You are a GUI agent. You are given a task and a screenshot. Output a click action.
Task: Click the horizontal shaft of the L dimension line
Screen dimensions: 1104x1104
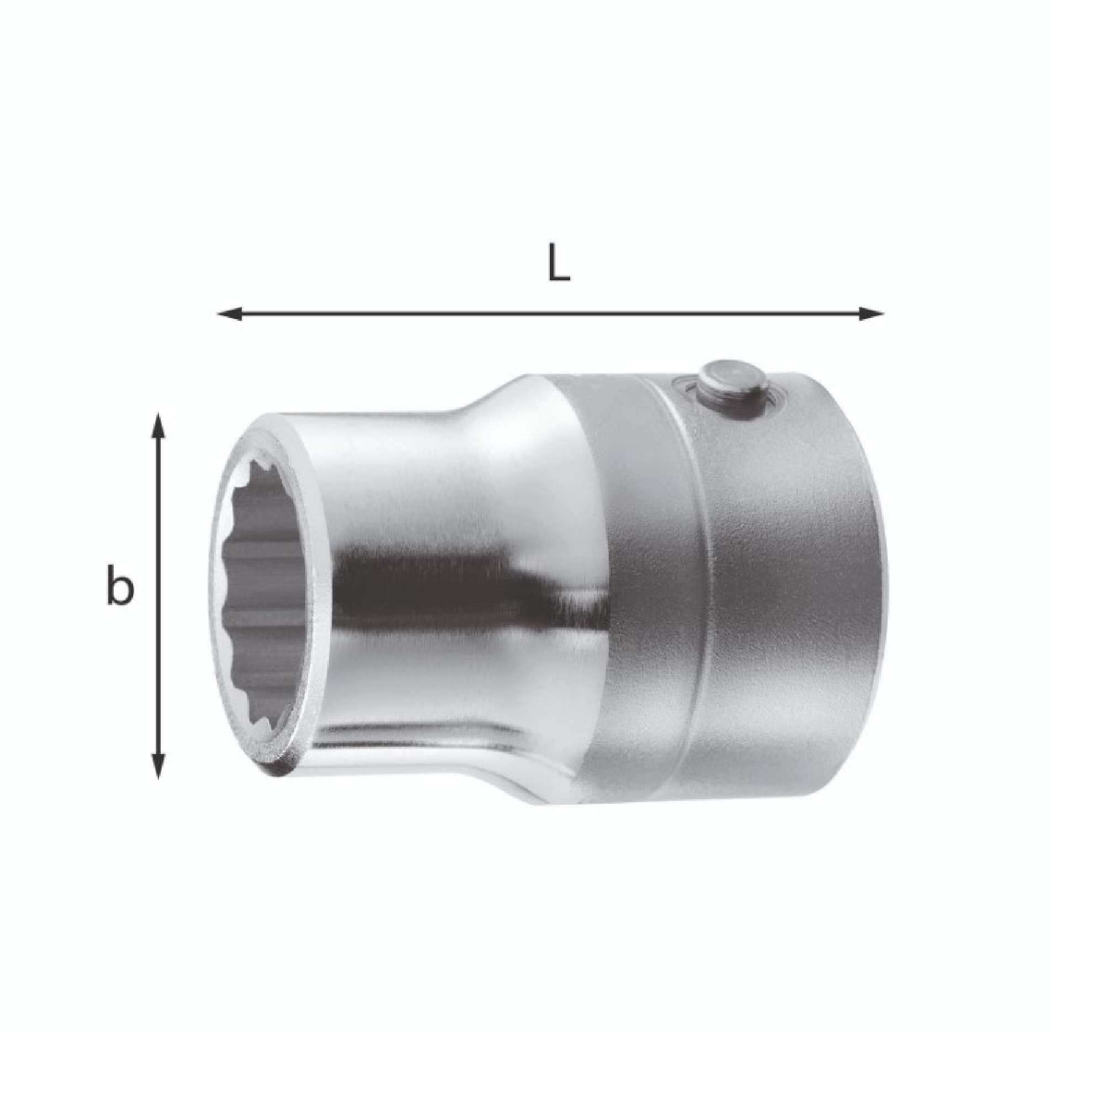click(x=549, y=313)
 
